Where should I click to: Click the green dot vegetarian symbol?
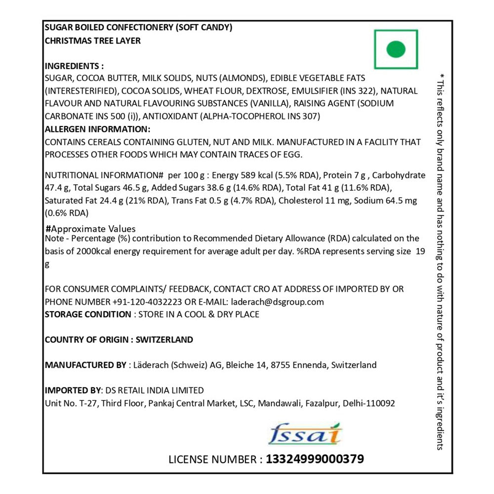coord(396,49)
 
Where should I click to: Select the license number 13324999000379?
coord(315,459)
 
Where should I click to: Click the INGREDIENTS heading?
coord(74,66)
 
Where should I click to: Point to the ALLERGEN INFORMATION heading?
coord(97,129)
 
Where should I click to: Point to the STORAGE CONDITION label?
coord(87,315)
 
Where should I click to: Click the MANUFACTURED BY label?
coord(85,366)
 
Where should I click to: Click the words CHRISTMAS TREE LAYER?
coord(92,41)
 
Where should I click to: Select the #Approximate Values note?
coord(90,229)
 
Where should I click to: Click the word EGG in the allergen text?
coord(292,155)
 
